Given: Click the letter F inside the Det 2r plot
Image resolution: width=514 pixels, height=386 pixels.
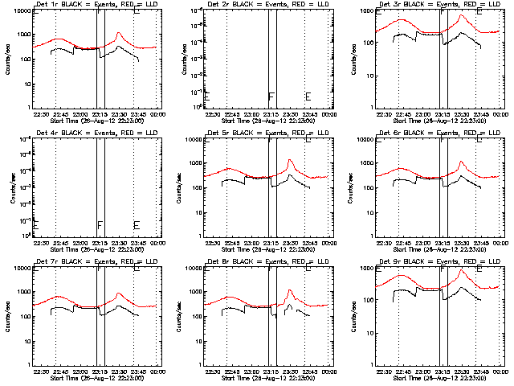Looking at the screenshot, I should [x=271, y=97].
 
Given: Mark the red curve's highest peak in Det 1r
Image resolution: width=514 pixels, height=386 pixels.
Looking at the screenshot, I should [x=119, y=33].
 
